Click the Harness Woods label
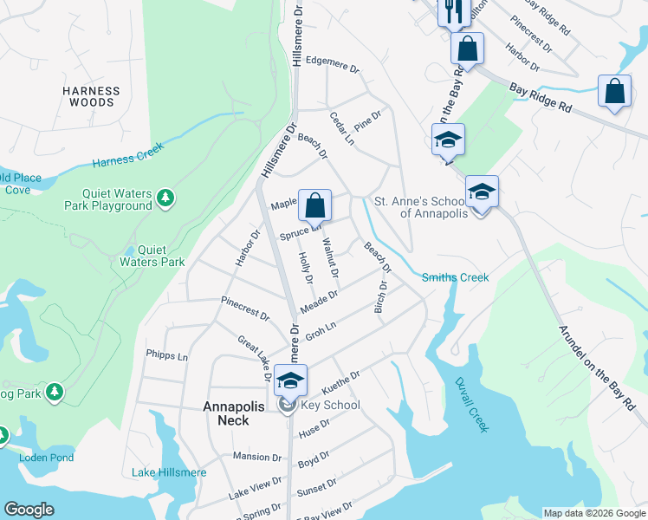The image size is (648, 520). click(90, 96)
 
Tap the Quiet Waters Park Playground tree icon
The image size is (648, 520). click(165, 200)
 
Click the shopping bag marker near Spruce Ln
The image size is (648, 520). click(315, 205)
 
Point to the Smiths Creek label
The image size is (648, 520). click(455, 277)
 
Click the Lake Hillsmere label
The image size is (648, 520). click(169, 472)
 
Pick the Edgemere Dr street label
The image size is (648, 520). click(332, 61)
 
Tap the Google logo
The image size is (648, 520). click(29, 510)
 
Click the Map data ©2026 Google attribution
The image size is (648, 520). click(593, 513)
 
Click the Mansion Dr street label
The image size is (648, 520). click(257, 457)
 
